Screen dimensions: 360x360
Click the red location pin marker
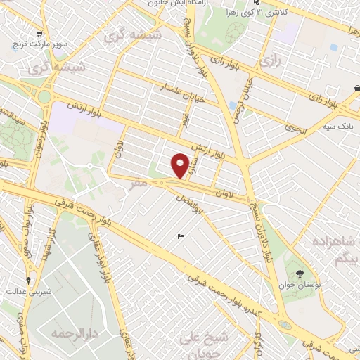[181, 166]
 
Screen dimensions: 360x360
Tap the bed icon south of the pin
[181, 237]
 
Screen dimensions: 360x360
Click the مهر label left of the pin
[139, 182]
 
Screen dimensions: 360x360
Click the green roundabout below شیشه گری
[46, 96]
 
